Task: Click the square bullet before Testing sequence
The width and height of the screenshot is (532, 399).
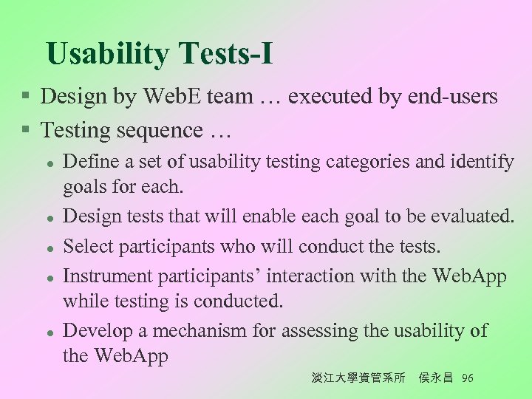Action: pyautogui.click(x=25, y=131)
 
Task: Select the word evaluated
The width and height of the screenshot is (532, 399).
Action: pyautogui.click(x=468, y=216)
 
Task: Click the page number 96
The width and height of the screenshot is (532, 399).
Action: pyautogui.click(x=467, y=378)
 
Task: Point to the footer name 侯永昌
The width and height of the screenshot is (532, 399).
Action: pyautogui.click(x=435, y=378)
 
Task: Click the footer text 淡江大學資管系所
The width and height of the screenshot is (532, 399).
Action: pyautogui.click(x=358, y=378)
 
